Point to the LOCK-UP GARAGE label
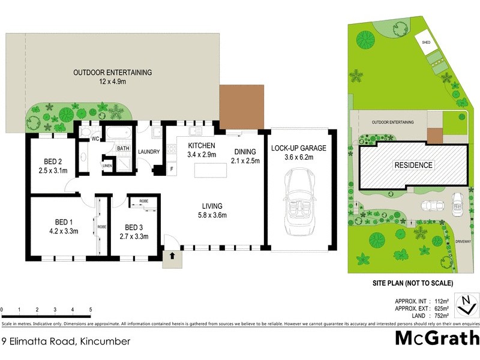[298, 148]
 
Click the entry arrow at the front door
[173, 256]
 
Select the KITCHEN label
[202, 146]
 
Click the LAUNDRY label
[149, 152]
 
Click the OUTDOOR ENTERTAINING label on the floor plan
[112, 73]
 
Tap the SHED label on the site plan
[426, 43]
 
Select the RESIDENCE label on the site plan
[413, 165]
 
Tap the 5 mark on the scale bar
[91, 310]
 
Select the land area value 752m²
[443, 316]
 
